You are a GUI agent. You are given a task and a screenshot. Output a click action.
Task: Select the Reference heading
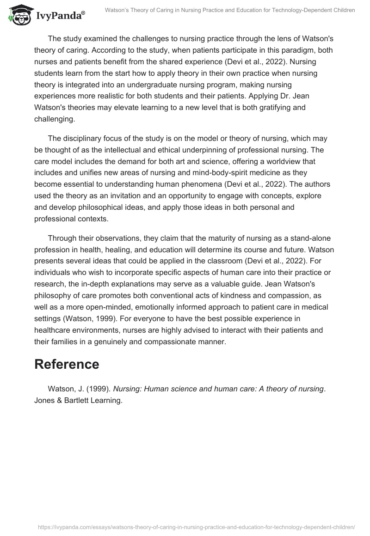point(67,364)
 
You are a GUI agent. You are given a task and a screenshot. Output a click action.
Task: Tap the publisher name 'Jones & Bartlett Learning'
point(78,401)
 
